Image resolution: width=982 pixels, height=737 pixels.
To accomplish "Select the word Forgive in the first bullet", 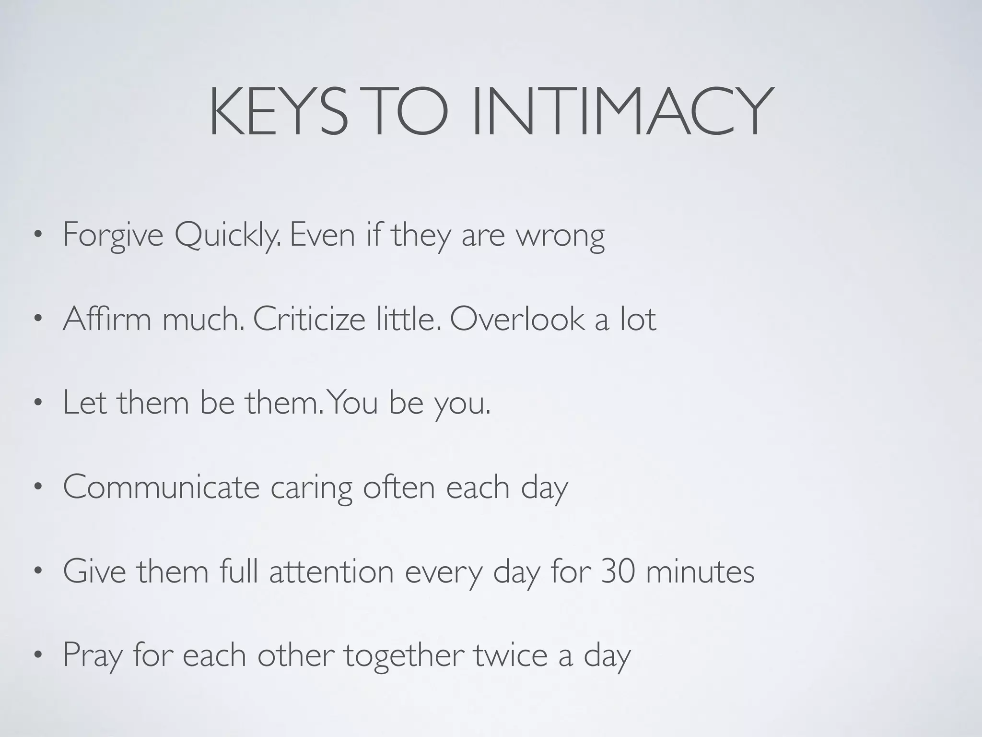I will click(113, 235).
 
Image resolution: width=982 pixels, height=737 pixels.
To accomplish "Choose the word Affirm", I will click(107, 319).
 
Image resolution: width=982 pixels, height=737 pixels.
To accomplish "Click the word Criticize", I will click(309, 319).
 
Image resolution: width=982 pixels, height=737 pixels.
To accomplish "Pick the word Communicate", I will click(161, 487).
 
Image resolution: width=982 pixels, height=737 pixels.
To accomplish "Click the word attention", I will click(331, 571).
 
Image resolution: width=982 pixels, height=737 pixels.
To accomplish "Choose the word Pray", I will click(92, 655).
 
